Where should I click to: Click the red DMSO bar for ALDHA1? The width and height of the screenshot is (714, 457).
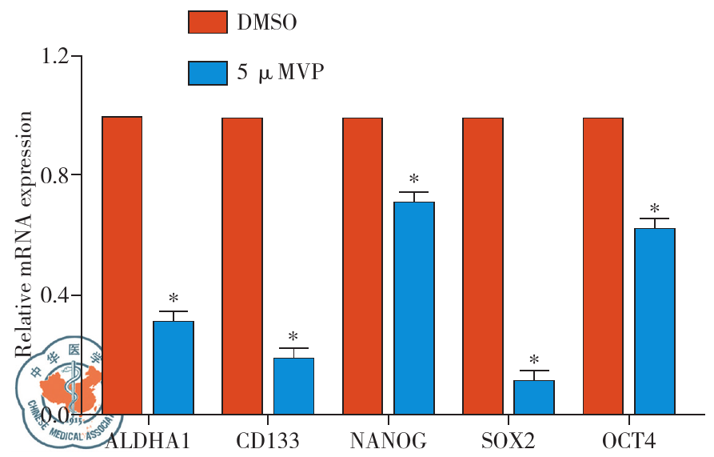[122, 264]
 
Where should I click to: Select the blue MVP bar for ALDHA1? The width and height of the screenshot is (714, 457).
[174, 367]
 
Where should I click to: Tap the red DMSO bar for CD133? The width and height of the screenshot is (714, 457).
[242, 265]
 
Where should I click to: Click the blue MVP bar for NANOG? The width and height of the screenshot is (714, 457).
[414, 308]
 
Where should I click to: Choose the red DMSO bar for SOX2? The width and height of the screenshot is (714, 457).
[483, 265]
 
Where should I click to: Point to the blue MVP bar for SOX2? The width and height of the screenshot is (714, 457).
[534, 397]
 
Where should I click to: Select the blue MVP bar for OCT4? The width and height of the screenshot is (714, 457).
[655, 321]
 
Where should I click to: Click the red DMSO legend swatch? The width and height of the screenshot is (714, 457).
[208, 22]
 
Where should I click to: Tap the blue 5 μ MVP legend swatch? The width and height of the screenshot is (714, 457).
[208, 72]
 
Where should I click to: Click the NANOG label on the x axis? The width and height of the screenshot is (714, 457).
[389, 441]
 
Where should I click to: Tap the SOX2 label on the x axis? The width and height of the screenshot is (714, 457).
[509, 441]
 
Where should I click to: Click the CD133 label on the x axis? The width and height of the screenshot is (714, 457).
[268, 441]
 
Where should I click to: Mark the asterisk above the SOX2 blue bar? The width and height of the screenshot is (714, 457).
[534, 361]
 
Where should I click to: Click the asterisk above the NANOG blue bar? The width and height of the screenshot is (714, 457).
[414, 180]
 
